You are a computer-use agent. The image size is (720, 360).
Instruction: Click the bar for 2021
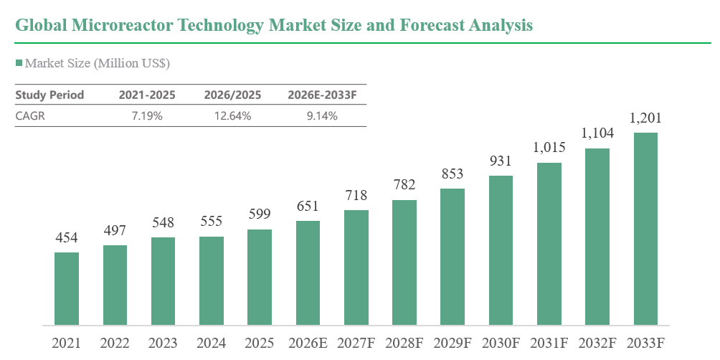click(67, 289)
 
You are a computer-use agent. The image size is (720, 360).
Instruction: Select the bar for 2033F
click(645, 229)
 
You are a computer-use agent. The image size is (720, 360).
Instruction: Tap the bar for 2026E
click(308, 273)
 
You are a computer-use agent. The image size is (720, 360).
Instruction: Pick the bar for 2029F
click(453, 257)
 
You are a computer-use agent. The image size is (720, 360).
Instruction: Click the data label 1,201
click(645, 118)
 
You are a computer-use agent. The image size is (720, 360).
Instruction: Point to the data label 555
click(212, 222)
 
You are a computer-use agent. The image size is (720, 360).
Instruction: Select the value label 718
click(356, 195)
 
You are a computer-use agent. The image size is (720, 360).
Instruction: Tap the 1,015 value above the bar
click(549, 148)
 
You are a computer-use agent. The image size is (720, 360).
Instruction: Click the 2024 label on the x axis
click(212, 343)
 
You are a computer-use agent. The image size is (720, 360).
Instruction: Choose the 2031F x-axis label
click(549, 343)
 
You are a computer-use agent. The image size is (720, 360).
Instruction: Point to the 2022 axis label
click(115, 343)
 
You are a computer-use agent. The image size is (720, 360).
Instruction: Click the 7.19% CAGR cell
click(147, 115)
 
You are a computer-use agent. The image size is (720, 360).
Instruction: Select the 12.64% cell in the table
click(233, 115)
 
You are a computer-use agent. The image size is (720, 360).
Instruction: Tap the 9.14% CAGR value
click(322, 115)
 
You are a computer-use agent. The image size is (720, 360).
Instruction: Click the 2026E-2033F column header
click(322, 95)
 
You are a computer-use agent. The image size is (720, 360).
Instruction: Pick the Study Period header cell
click(49, 95)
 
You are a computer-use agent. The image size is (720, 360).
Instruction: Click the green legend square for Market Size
click(19, 63)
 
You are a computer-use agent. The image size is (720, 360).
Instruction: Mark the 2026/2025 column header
click(233, 95)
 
